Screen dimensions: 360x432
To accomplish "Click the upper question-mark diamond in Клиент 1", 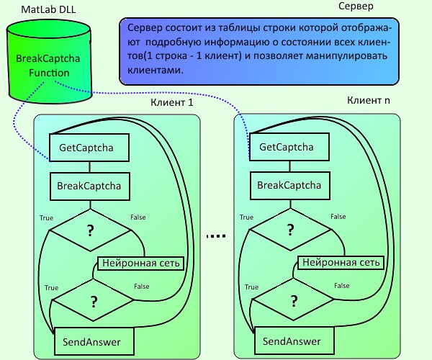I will tap(91, 230).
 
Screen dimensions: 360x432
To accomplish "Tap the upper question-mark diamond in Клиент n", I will tap(290, 230).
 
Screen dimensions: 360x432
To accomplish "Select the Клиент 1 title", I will tap(171, 103).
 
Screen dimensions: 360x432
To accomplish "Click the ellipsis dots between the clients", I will tap(215, 236).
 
